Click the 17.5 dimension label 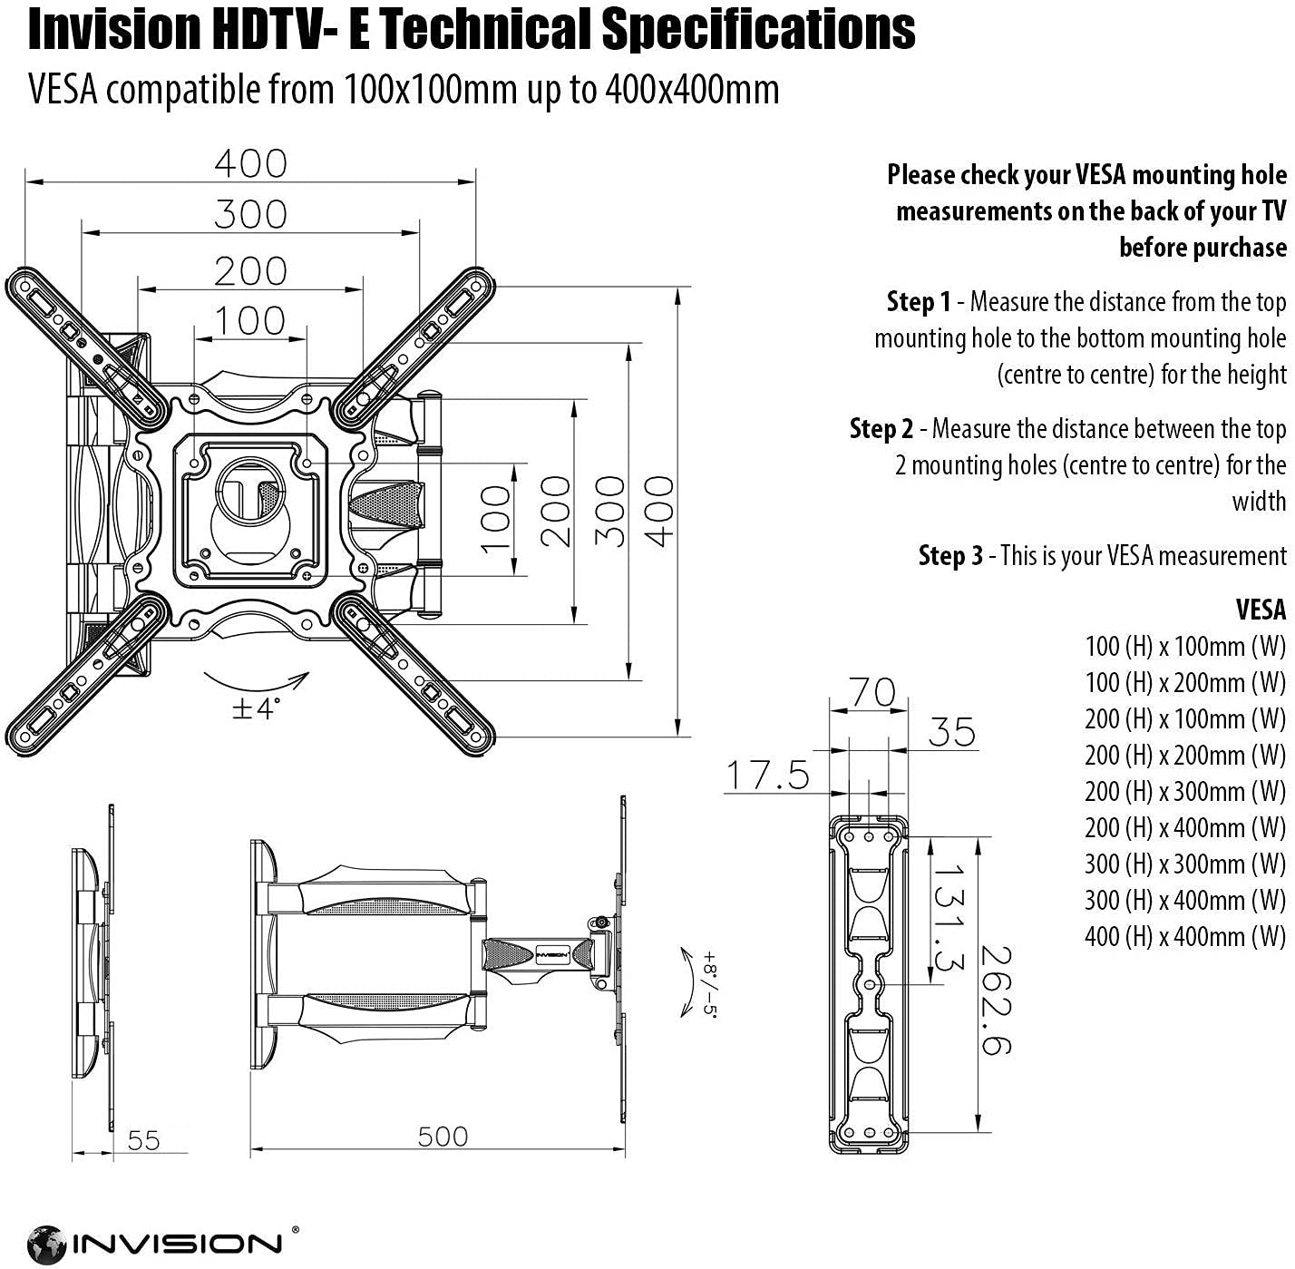[x=766, y=776]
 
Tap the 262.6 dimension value [x=995, y=1000]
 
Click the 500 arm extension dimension [x=443, y=1137]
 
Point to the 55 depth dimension [x=143, y=1140]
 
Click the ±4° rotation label [x=257, y=708]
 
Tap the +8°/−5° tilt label [x=708, y=985]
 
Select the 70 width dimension [x=871, y=693]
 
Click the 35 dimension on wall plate [x=951, y=732]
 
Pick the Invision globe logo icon [x=46, y=1244]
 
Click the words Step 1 [x=919, y=301]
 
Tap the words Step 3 [x=949, y=555]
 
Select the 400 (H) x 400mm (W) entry [x=1184, y=936]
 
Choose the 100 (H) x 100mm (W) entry [x=1184, y=646]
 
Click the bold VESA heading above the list [x=1261, y=610]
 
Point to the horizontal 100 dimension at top [x=250, y=320]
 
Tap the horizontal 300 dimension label [x=250, y=215]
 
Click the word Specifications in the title [x=758, y=29]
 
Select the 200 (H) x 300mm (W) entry [x=1184, y=791]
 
